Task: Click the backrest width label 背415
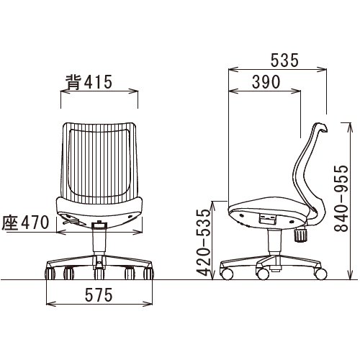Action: tap(89, 82)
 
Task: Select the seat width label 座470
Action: tap(26, 222)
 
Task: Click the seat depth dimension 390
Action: tap(266, 82)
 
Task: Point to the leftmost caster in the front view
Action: tap(51, 274)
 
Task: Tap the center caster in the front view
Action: tap(99, 274)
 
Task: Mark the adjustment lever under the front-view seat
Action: tap(71, 223)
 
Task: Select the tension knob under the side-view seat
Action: tap(302, 234)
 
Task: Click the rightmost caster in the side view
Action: tap(320, 273)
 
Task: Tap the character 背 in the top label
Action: tap(72, 82)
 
